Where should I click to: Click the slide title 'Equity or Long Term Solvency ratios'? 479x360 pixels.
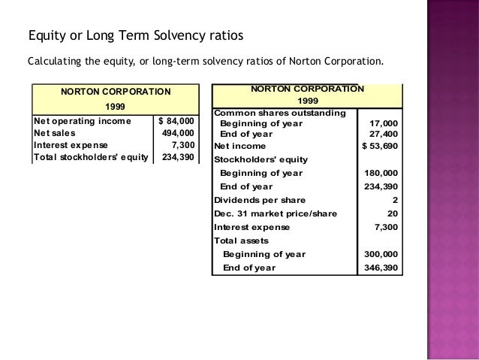coord(135,36)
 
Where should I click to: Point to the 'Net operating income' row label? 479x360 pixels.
coord(82,120)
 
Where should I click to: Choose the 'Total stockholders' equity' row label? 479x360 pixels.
coord(91,157)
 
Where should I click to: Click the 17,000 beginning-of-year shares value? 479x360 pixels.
coord(383,123)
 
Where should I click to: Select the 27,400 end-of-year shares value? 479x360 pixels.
coord(383,134)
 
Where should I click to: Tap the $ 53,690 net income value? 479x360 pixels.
coord(381,146)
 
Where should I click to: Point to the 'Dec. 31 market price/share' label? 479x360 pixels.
coord(276,213)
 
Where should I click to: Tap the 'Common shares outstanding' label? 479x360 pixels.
coord(280,113)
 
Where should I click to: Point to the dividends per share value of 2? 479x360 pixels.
coord(395,200)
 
